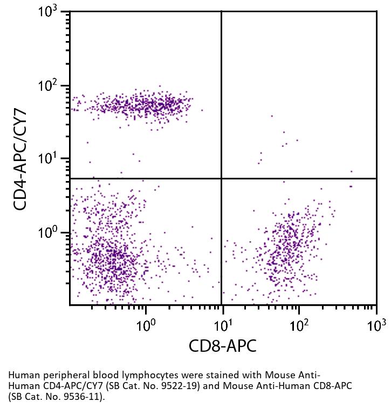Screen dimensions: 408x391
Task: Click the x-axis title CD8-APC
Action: click(x=222, y=346)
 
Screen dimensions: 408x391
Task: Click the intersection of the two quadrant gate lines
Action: click(x=222, y=178)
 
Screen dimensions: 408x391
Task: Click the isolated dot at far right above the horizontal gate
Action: click(x=351, y=171)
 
